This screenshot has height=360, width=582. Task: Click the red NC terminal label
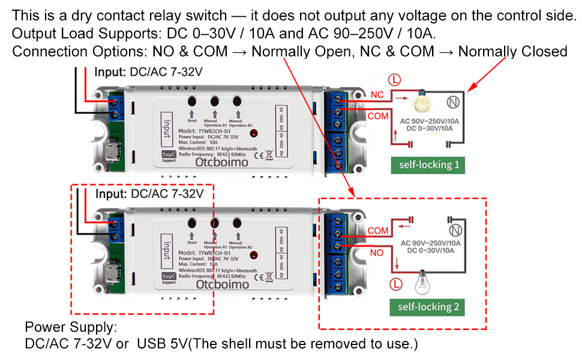(x=377, y=95)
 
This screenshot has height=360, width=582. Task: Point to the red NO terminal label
(x=377, y=253)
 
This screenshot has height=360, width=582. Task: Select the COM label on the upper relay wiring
(x=378, y=116)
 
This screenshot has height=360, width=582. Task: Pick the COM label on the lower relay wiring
(x=378, y=230)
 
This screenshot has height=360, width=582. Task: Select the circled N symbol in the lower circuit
(x=454, y=229)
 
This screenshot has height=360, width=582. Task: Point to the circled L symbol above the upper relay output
(x=394, y=79)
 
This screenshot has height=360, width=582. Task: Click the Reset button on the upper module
(x=192, y=103)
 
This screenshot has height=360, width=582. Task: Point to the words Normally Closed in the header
(x=517, y=52)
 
